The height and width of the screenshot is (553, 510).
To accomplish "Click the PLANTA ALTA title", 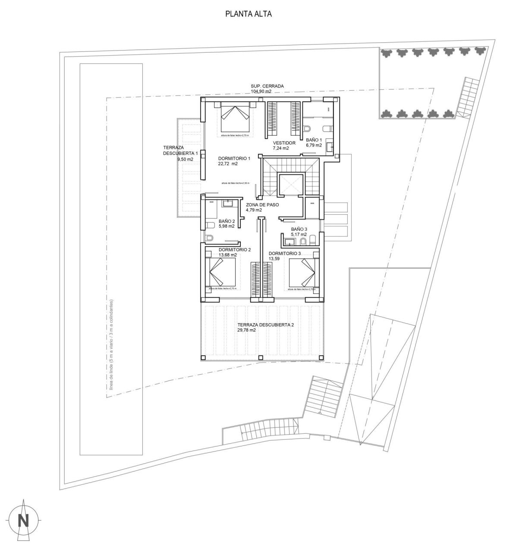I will [248, 14].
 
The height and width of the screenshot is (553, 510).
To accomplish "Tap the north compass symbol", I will [23, 521].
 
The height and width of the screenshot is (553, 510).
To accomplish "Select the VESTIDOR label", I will [284, 143].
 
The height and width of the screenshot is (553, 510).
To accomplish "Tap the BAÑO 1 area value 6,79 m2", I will [314, 146].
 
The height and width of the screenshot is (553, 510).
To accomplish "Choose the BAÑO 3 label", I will [299, 229].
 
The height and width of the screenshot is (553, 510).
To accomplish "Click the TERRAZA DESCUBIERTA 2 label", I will [265, 324].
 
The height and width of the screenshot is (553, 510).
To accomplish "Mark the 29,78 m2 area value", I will [246, 330].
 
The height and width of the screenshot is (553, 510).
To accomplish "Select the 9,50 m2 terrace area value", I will [185, 159].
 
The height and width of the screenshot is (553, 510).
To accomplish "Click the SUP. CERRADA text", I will [267, 86].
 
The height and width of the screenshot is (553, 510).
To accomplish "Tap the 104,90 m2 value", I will [261, 92].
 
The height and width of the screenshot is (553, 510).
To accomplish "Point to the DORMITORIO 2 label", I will [234, 250].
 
